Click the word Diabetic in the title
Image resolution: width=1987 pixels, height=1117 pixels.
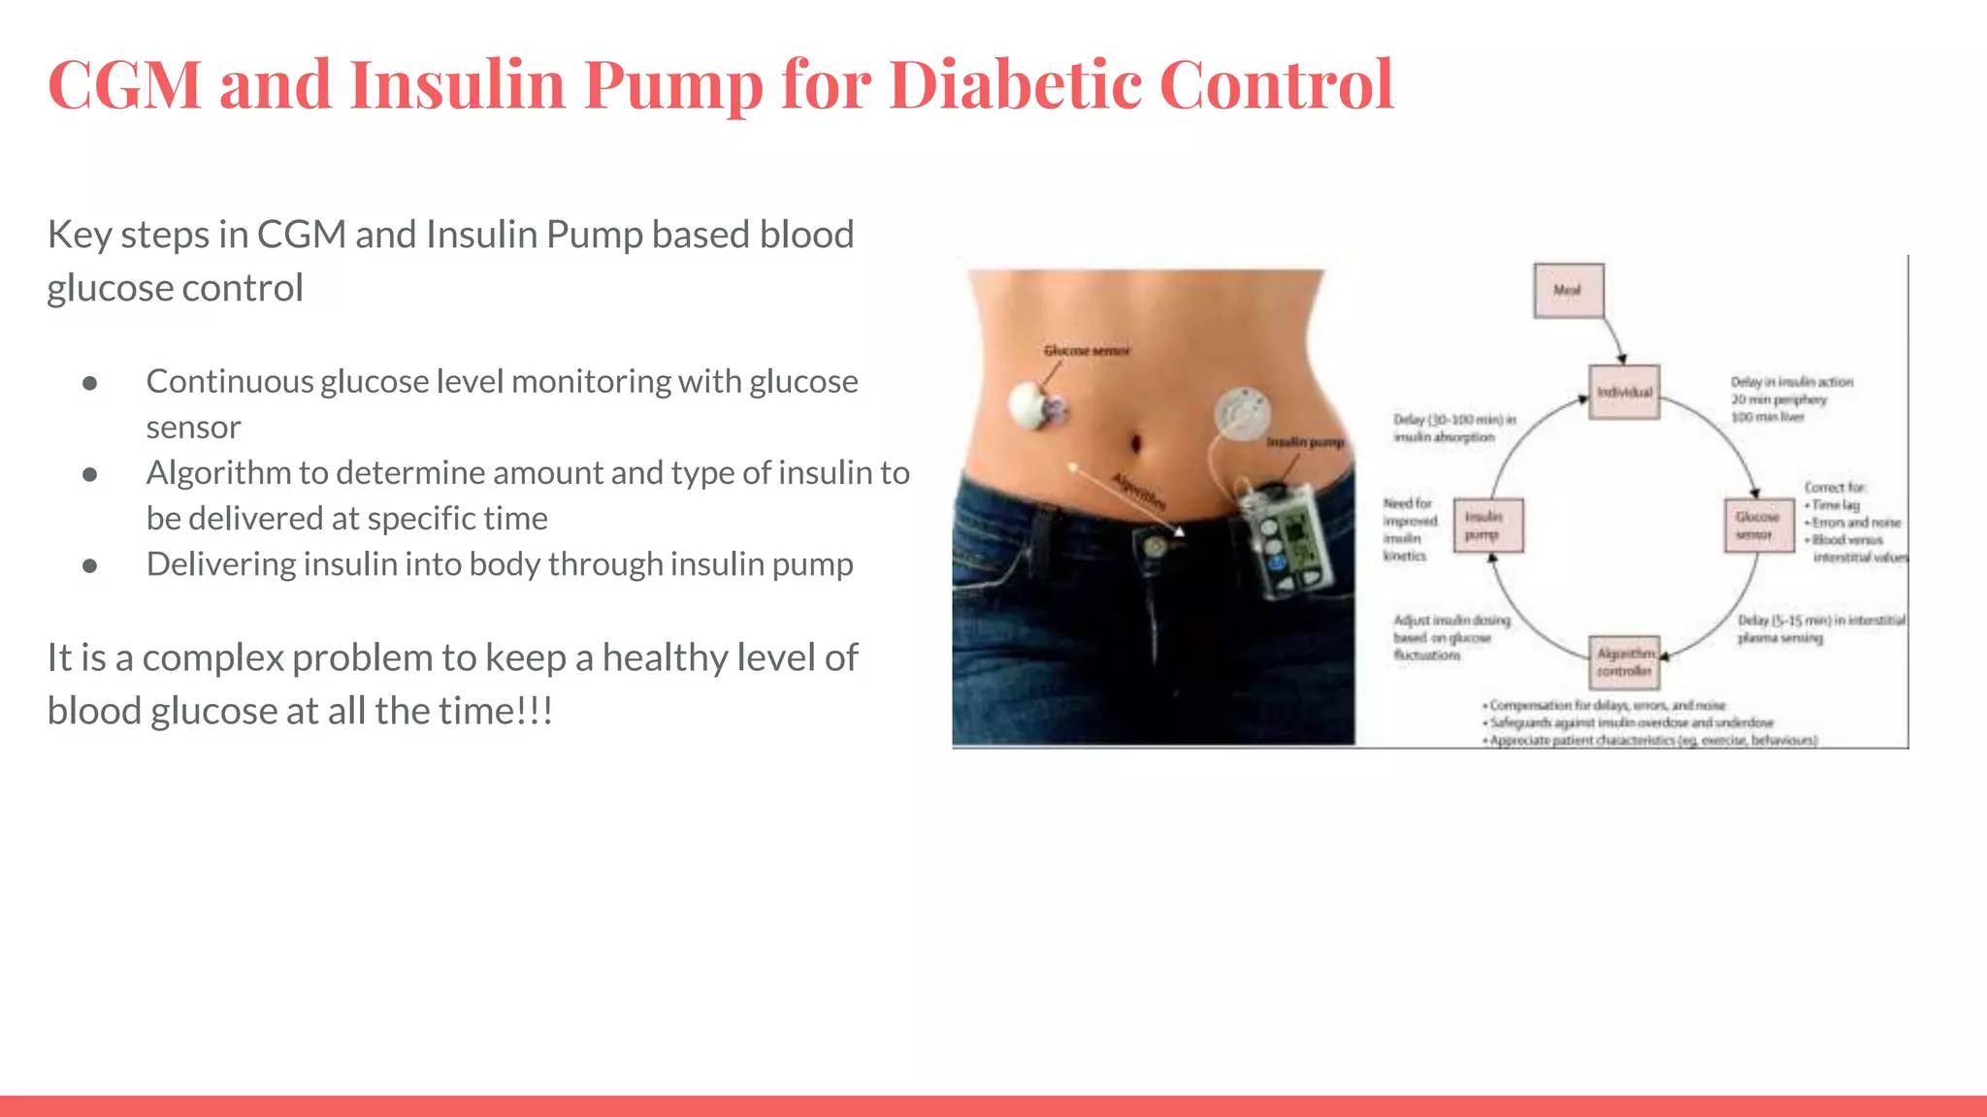pos(1014,84)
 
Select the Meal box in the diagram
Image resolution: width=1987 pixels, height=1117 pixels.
pos(1568,290)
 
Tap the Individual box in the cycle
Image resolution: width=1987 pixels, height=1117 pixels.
pos(1624,392)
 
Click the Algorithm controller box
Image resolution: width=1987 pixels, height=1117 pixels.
pos(1625,661)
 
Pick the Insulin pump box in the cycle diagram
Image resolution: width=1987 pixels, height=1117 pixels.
pos(1487,526)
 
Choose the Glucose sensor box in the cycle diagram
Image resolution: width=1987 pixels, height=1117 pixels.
pos(1758,526)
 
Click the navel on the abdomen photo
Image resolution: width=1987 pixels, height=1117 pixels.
pos(1136,444)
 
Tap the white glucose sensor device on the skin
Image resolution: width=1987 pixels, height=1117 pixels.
pos(1030,405)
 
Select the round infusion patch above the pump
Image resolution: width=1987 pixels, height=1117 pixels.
pos(1242,414)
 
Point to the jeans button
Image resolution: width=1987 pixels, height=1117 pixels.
pos(1155,547)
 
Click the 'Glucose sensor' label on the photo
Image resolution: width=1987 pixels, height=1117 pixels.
pos(1087,351)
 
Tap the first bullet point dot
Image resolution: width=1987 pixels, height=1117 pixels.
pos(90,383)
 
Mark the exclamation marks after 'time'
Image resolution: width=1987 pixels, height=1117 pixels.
pos(535,712)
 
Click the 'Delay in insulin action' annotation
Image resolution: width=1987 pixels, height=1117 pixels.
pos(1791,382)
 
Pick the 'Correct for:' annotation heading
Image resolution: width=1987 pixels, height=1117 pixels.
pos(1834,487)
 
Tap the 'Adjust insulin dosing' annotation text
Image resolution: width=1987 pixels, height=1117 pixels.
pos(1451,621)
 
